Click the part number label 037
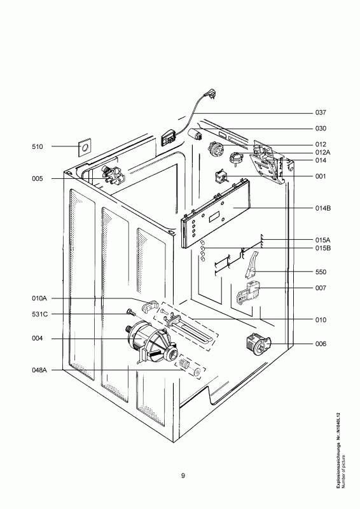[321, 113]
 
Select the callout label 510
[38, 147]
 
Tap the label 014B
[322, 208]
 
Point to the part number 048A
[39, 370]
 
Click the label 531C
[39, 314]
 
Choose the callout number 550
[321, 272]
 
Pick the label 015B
[322, 248]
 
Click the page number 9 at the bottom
[183, 476]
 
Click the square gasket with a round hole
[85, 148]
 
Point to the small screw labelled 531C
[130, 312]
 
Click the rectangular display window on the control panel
[214, 216]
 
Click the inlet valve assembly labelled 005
[113, 176]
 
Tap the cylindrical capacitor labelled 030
[195, 134]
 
